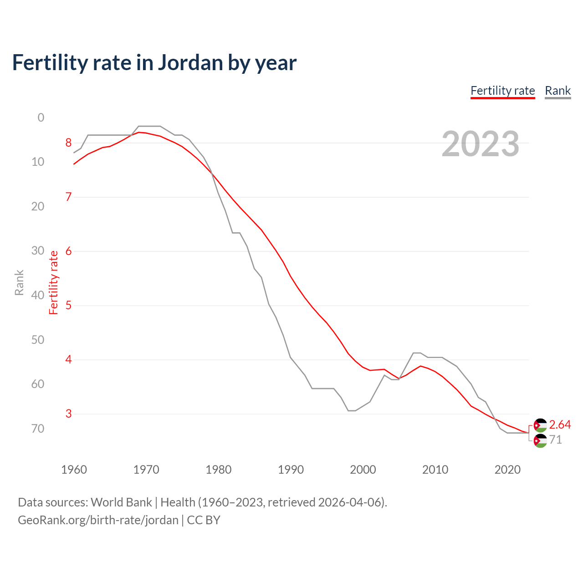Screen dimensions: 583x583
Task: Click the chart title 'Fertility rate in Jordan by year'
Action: (154, 63)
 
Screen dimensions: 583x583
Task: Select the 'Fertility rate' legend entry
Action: (502, 91)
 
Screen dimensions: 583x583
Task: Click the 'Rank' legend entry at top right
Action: (557, 91)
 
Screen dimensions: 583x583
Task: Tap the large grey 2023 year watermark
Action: (480, 144)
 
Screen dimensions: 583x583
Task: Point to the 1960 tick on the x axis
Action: (74, 470)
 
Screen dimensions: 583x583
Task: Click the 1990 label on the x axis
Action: (291, 470)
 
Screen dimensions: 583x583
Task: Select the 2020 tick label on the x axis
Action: (507, 470)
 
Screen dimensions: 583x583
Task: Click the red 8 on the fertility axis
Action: (68, 143)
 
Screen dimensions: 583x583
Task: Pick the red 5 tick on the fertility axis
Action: (68, 305)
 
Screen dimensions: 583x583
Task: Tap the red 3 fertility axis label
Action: (68, 414)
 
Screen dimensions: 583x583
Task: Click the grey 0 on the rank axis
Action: (41, 118)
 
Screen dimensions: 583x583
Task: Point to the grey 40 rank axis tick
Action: (38, 295)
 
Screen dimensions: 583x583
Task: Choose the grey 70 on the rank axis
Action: (38, 429)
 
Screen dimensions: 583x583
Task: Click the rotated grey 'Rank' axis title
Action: (19, 282)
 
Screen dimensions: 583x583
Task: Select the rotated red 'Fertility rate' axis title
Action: (54, 282)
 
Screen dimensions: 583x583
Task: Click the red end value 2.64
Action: (560, 424)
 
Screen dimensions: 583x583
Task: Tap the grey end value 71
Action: (555, 440)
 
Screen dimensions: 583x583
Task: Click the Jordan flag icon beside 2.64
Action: (540, 425)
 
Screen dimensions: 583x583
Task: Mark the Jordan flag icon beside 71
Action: (540, 441)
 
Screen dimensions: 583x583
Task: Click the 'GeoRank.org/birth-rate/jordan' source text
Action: (98, 520)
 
